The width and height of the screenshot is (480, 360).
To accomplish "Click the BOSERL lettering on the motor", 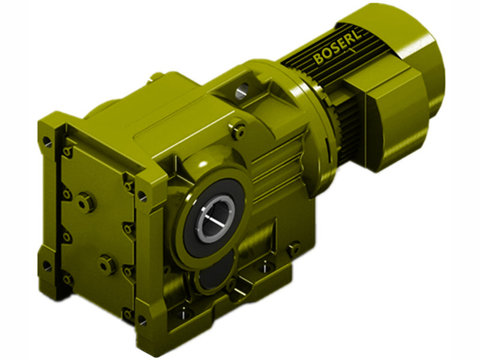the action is [336, 52].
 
